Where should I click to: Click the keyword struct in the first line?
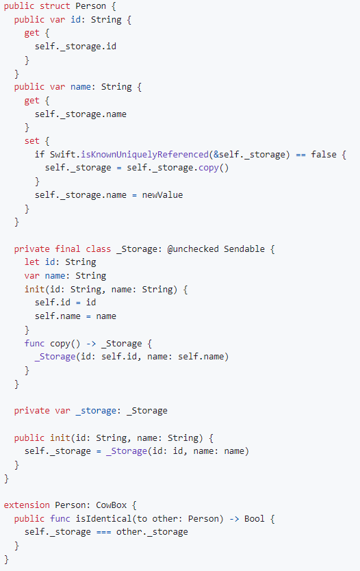pos(55,6)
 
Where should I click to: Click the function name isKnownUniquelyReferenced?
pos(145,155)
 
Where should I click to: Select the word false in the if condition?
pos(324,155)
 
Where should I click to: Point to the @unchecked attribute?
pos(193,249)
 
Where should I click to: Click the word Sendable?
pos(244,249)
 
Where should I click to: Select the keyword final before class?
pos(68,249)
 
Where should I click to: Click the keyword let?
pos(32,262)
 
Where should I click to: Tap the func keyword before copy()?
pos(35,344)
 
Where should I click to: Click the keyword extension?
pos(27,505)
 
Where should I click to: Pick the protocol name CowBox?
pos(112,505)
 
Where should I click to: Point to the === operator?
pos(104,532)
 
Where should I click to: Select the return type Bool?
pos(255,518)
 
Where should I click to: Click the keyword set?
pos(32,141)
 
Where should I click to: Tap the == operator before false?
pos(300,155)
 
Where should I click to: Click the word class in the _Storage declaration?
pos(99,249)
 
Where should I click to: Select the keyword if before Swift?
pos(40,155)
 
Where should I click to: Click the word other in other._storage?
pos(129,532)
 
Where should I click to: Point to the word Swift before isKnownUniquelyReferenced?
pos(62,155)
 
